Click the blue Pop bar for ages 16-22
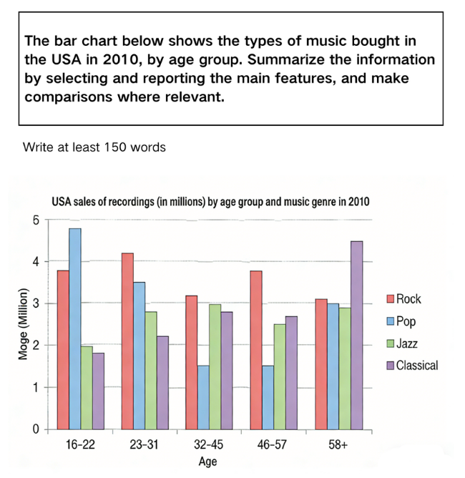click(75, 328)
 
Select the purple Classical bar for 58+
click(357, 336)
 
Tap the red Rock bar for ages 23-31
click(127, 341)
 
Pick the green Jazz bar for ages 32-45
click(215, 367)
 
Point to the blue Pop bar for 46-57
click(268, 398)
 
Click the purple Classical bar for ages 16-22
click(99, 391)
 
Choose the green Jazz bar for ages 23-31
click(151, 371)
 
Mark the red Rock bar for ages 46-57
click(256, 350)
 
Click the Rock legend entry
click(403, 299)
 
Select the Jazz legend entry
click(402, 343)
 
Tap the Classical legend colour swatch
click(391, 366)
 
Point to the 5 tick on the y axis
click(36, 220)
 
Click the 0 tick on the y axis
click(36, 429)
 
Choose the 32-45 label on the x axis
click(208, 445)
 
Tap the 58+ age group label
click(338, 445)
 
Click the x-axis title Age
click(207, 462)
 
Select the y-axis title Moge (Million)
click(23, 323)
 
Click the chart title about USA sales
click(210, 202)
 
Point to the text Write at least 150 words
click(94, 147)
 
